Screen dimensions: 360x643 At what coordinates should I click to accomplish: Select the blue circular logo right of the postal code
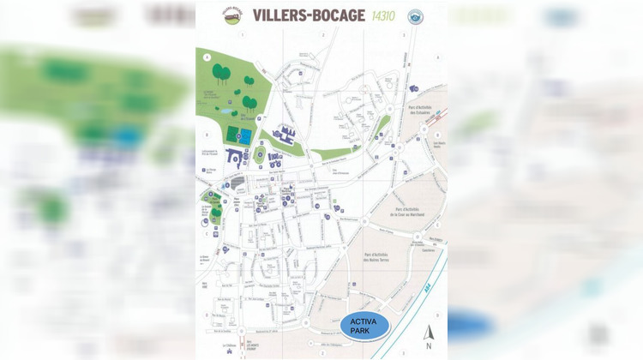click(x=416, y=15)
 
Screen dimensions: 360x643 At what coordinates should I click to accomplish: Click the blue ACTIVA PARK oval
click(x=364, y=326)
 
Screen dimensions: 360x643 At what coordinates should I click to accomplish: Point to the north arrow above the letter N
click(x=430, y=331)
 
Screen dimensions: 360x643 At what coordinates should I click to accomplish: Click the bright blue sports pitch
click(x=245, y=135)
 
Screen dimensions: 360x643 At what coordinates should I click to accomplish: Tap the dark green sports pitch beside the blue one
click(x=231, y=135)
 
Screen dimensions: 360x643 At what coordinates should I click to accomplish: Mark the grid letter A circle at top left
click(x=206, y=56)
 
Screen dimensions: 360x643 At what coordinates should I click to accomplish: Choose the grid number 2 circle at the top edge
click(x=324, y=36)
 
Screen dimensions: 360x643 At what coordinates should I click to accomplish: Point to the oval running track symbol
click(x=260, y=154)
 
